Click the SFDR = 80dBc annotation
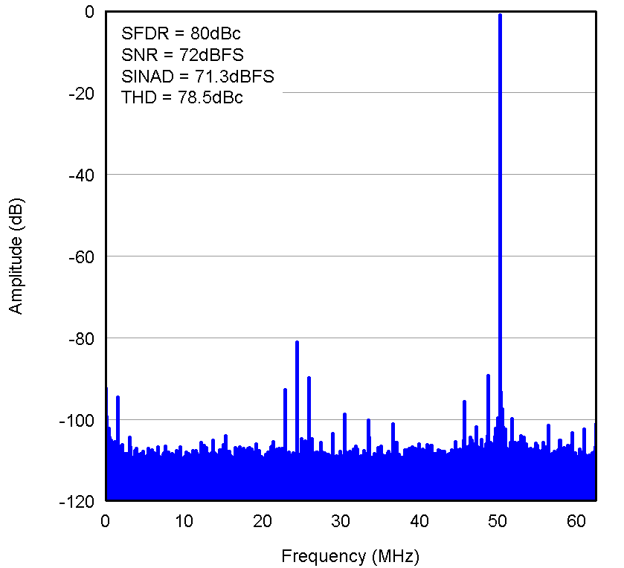(181, 33)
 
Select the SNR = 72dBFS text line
(182, 55)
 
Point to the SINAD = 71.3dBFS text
(197, 77)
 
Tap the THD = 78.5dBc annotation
(181, 97)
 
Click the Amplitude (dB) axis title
(16, 256)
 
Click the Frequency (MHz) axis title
(350, 555)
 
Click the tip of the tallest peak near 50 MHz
(500, 15)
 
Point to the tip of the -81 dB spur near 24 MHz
(297, 342)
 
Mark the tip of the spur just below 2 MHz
(118, 397)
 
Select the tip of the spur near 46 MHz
(464, 401)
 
